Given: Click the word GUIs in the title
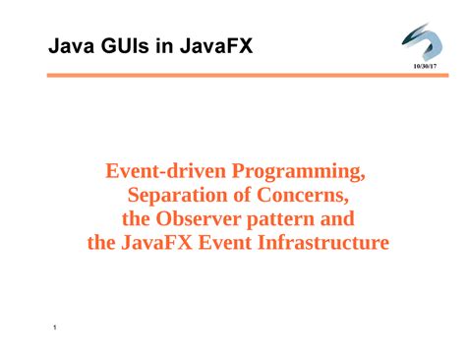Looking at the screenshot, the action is (x=125, y=45).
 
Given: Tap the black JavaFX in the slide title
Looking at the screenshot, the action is (x=216, y=45).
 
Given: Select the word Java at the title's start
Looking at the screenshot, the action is (x=72, y=45).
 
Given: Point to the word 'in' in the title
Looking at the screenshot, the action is (x=164, y=45).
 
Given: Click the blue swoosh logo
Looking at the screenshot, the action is (x=423, y=41).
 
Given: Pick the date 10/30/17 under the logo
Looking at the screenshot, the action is (x=425, y=66).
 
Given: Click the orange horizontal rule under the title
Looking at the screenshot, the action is (x=248, y=76).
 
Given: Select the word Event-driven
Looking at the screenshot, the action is (x=166, y=171).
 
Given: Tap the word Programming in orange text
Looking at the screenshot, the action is (x=299, y=172).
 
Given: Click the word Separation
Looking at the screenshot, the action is (x=177, y=196).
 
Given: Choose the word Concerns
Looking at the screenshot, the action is (x=303, y=196).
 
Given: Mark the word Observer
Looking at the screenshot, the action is (x=198, y=218).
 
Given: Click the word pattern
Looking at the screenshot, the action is (x=280, y=219).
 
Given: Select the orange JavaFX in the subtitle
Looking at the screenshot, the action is (x=156, y=243).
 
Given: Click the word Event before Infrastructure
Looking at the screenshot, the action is (x=225, y=243).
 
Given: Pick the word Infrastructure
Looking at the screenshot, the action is (x=323, y=243).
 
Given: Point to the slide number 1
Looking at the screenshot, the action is (x=55, y=328).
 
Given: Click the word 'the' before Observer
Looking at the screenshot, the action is (x=136, y=218).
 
